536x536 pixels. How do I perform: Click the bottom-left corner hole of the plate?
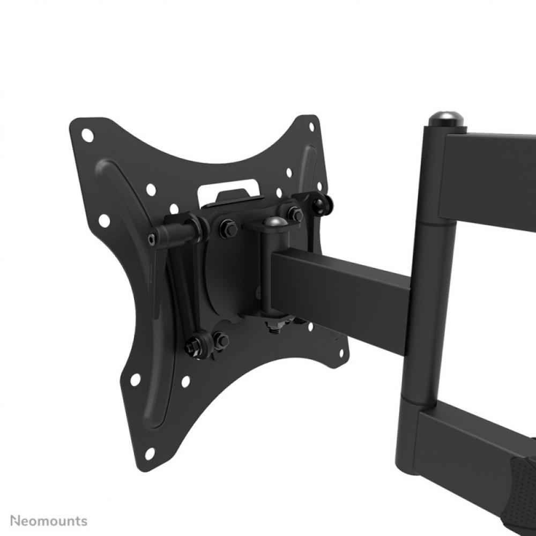[x=150, y=453]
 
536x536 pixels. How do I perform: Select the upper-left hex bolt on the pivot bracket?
[x=228, y=229]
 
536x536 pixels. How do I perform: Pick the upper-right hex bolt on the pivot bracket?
[x=294, y=214]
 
